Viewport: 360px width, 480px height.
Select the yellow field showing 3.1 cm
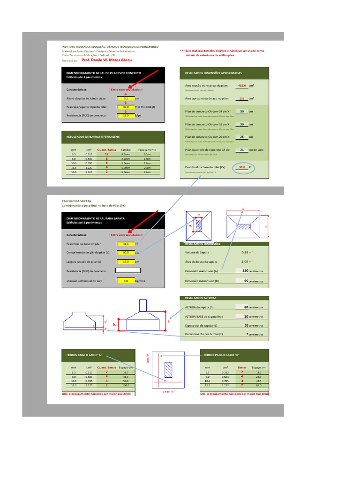coord(125,99)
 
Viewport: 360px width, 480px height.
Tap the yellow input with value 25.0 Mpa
coord(125,115)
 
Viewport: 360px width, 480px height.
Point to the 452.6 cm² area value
coord(242,86)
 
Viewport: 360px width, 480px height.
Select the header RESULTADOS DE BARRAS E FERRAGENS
coord(93,136)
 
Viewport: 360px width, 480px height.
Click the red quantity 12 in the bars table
coord(106,154)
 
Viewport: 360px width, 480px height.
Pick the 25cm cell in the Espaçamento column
coord(147,172)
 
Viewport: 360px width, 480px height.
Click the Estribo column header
coord(126,150)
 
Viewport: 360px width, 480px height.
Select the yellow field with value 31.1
coord(125,244)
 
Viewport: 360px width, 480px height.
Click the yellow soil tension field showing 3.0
coord(125,281)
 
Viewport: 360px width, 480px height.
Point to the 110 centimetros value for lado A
coord(244,271)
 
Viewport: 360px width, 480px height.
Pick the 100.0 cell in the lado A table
coord(126,385)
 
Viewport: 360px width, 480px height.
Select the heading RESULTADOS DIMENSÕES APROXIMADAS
coord(214,73)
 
